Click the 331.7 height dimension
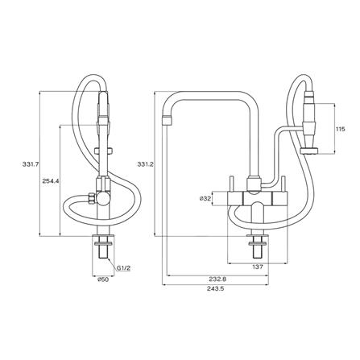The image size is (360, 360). (30, 164)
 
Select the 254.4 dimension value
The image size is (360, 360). (51, 181)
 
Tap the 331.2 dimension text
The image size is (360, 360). (145, 164)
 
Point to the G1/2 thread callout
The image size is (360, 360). (123, 267)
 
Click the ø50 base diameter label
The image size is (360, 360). (103, 279)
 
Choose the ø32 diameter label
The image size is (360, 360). (205, 199)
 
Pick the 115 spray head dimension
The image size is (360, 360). (341, 129)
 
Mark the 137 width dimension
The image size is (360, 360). (258, 267)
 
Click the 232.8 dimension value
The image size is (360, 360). (217, 279)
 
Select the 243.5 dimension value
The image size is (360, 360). (215, 289)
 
